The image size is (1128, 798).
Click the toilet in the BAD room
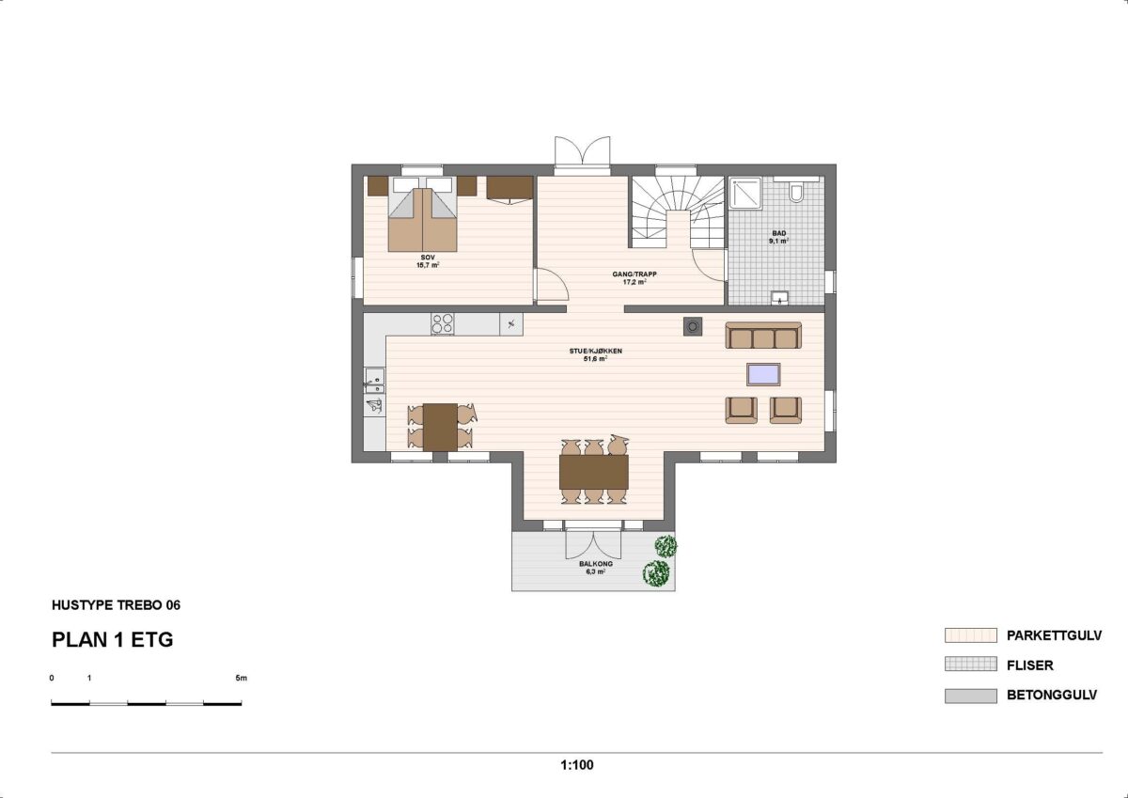[796, 193]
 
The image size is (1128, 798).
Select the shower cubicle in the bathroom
[745, 193]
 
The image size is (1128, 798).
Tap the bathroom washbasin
[779, 298]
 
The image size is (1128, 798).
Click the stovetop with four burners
[443, 323]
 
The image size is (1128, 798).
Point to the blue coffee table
[763, 375]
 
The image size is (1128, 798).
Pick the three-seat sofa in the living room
[763, 336]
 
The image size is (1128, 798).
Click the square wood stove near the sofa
[693, 327]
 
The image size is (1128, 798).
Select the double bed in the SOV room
[422, 214]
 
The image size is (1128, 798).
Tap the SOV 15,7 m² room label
[428, 261]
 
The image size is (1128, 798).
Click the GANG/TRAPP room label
[634, 278]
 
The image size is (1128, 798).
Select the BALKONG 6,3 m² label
[596, 568]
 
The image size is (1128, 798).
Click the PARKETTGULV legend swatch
[970, 635]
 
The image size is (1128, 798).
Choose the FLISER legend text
[1030, 665]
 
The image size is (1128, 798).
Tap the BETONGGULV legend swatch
[970, 696]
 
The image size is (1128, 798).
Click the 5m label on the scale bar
[242, 678]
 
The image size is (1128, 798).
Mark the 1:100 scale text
[577, 765]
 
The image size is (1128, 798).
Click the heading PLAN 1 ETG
[112, 639]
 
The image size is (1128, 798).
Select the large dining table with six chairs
[594, 472]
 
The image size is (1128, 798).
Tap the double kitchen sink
[375, 381]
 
